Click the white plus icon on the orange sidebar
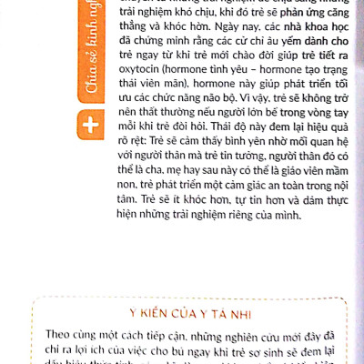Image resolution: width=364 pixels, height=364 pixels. click(88, 124)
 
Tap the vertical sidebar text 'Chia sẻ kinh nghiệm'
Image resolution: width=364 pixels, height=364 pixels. click(88, 55)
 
